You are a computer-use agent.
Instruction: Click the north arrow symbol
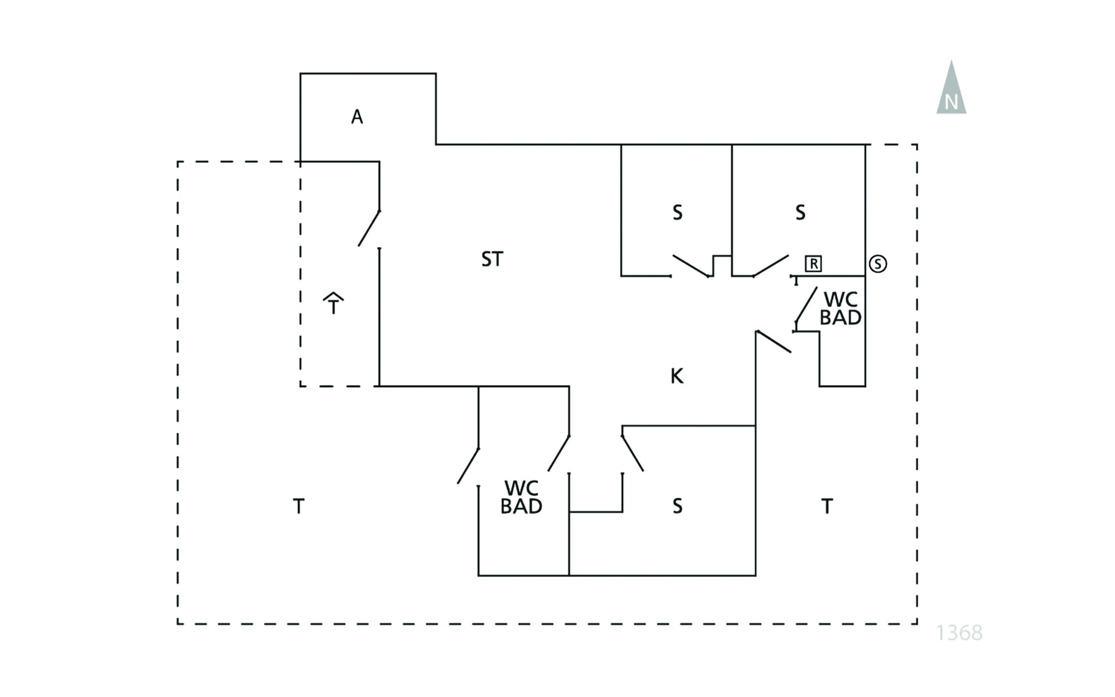pos(951,90)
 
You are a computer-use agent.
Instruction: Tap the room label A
pos(357,117)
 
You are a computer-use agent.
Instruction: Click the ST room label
pos(492,259)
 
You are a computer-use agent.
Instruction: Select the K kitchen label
pos(677,376)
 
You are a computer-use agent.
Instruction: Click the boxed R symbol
pos(814,264)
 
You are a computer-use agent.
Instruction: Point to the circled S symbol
pos(877,264)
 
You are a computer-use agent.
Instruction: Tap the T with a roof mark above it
pos(333,304)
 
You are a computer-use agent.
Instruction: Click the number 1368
pos(959,633)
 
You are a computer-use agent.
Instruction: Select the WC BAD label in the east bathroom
pos(840,308)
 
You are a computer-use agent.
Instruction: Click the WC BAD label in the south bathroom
pos(521,498)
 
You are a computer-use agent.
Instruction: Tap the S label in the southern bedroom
pos(677,506)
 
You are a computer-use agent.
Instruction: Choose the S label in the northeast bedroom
pos(800,213)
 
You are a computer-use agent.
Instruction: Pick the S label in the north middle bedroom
pos(677,213)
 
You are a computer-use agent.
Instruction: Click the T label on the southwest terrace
pos(298,506)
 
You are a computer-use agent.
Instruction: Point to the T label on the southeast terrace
pos(827,506)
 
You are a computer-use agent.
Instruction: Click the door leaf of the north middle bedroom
pos(691,265)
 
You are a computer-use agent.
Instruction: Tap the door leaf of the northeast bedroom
pos(771,265)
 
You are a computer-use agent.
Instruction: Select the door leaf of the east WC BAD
pos(806,304)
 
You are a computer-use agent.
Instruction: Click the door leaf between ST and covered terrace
pos(369,228)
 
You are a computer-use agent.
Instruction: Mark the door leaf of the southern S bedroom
pos(632,453)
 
